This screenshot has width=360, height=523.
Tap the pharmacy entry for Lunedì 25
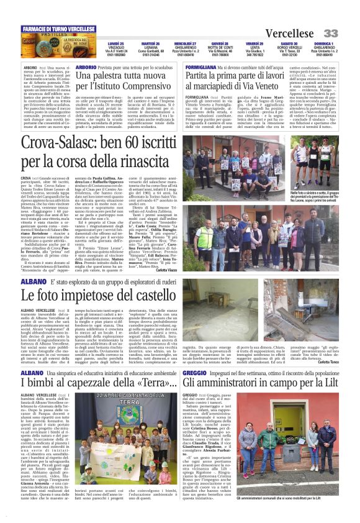pyautogui.click(x=116, y=49)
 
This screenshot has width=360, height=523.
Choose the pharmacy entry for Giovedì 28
pyautogui.click(x=221, y=49)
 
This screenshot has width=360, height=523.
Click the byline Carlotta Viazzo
pyautogui.click(x=187, y=253)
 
